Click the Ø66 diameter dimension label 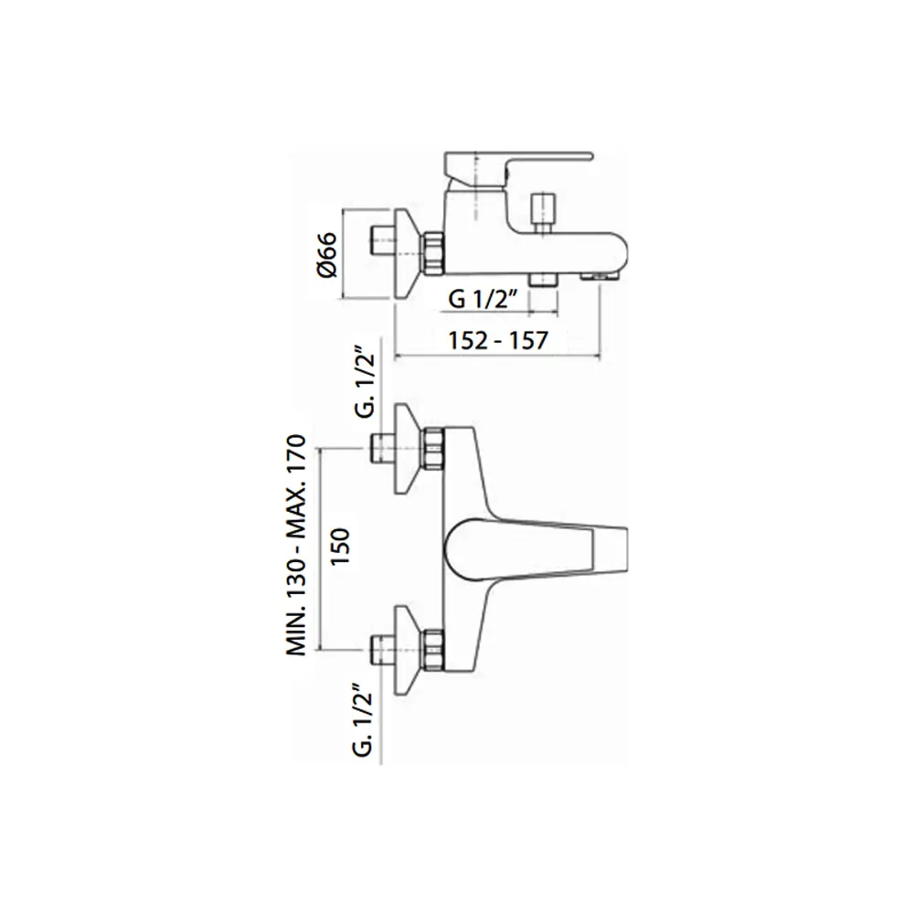click(x=327, y=255)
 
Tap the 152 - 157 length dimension click(x=498, y=340)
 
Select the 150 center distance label click(x=340, y=546)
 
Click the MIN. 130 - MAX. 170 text click(x=296, y=546)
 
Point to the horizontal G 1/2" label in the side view click(x=484, y=300)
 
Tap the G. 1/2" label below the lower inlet click(x=363, y=721)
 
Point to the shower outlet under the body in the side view click(x=543, y=281)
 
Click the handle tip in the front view click(x=610, y=549)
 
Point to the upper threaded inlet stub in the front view click(x=383, y=449)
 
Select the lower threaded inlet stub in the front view click(x=383, y=650)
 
